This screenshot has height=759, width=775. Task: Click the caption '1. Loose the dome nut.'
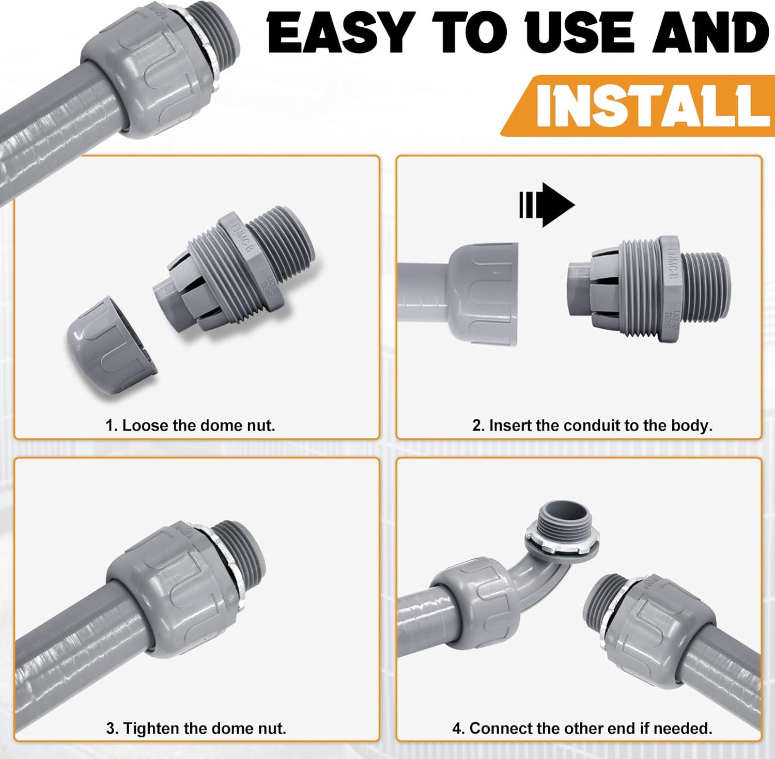[x=190, y=425]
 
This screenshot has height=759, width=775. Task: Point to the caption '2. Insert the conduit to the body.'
[x=592, y=425]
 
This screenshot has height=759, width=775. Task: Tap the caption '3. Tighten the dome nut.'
[x=196, y=729]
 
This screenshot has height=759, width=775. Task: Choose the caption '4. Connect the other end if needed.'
[x=582, y=729]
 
